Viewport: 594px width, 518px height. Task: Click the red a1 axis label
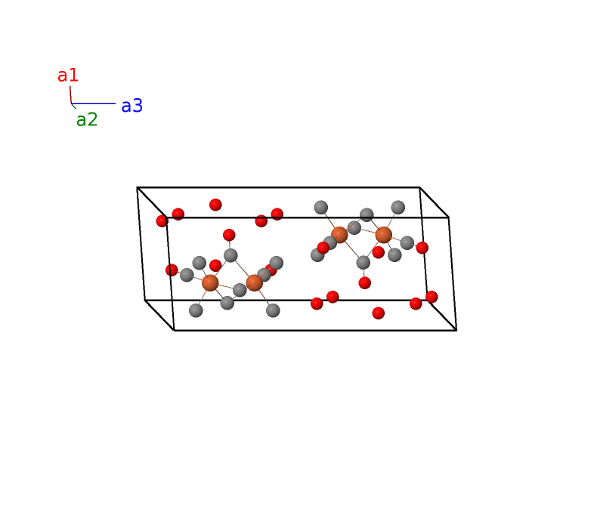pyautogui.click(x=68, y=76)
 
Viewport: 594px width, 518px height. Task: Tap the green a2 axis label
pyautogui.click(x=87, y=120)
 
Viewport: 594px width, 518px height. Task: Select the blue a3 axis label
pyautogui.click(x=131, y=106)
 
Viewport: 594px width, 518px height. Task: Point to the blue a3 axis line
pyautogui.click(x=93, y=103)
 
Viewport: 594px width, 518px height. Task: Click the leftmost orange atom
pyautogui.click(x=210, y=282)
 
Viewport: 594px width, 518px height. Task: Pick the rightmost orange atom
pyautogui.click(x=383, y=235)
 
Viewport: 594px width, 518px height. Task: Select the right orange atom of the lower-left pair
pyautogui.click(x=254, y=282)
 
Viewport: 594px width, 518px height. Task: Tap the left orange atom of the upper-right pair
pyautogui.click(x=339, y=235)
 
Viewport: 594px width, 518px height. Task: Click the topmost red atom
pyautogui.click(x=215, y=205)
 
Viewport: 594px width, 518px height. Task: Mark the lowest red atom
pyautogui.click(x=378, y=313)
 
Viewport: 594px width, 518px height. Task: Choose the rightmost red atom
pyautogui.click(x=432, y=297)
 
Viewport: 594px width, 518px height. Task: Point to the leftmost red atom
pyautogui.click(x=162, y=221)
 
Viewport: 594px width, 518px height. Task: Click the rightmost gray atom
pyautogui.click(x=407, y=242)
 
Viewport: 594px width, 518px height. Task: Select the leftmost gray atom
pyautogui.click(x=187, y=275)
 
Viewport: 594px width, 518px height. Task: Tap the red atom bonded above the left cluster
pyautogui.click(x=229, y=235)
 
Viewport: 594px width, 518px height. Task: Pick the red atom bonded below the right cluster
pyautogui.click(x=364, y=282)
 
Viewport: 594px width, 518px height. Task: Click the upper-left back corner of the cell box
pyautogui.click(x=137, y=187)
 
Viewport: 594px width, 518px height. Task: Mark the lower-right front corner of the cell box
pyautogui.click(x=456, y=330)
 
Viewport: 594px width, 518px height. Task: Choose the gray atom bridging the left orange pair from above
pyautogui.click(x=230, y=255)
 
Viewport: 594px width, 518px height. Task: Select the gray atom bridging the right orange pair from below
pyautogui.click(x=363, y=262)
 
